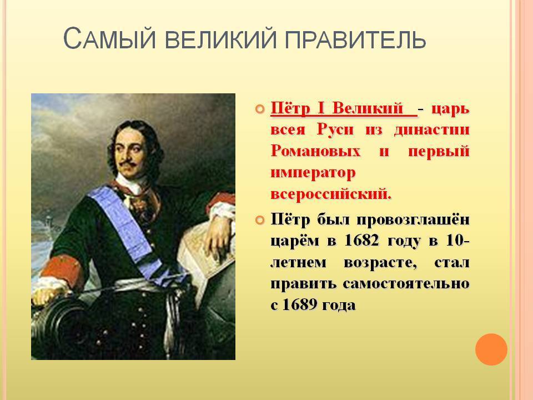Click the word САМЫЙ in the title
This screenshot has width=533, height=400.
click(110, 38)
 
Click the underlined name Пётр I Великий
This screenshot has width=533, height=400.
click(344, 109)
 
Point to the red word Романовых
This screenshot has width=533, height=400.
click(315, 151)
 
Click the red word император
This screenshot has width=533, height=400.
click(313, 173)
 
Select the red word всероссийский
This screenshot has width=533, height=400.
click(331, 194)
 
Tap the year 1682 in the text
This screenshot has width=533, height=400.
click(361, 241)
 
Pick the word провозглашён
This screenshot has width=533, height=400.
click(413, 220)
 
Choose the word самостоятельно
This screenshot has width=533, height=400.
click(406, 283)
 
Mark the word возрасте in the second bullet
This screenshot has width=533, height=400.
click(380, 263)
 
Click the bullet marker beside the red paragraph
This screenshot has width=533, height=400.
click(259, 109)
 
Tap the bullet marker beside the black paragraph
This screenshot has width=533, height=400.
click(259, 221)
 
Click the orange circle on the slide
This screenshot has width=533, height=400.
click(491, 349)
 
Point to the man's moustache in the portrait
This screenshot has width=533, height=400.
click(128, 164)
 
